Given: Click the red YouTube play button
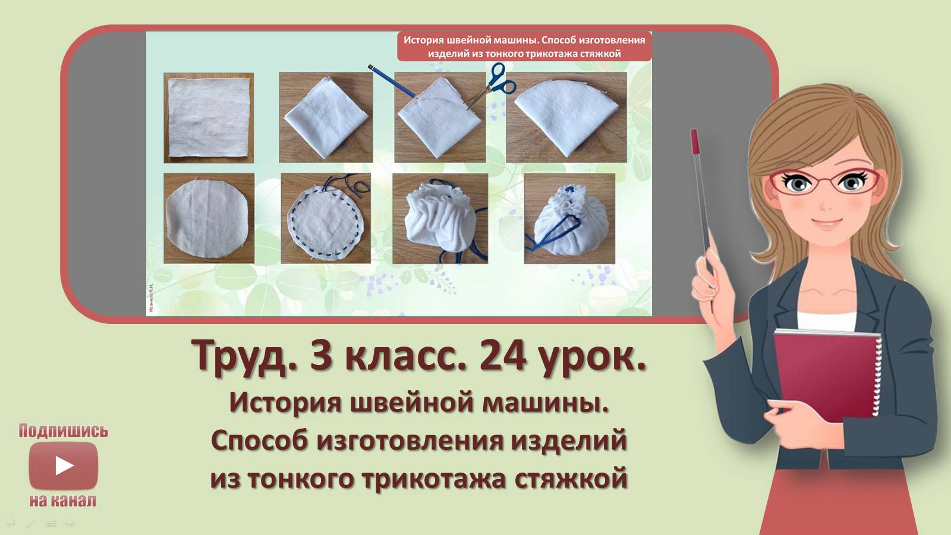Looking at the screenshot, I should pyautogui.click(x=63, y=465).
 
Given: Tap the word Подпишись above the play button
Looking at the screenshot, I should pyautogui.click(x=63, y=430).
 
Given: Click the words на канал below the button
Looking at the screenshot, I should pyautogui.click(x=63, y=501).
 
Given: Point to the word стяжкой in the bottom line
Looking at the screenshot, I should pyautogui.click(x=571, y=479).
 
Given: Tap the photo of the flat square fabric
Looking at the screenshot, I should pyautogui.click(x=209, y=118).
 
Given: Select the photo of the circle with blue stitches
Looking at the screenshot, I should pyautogui.click(x=326, y=218).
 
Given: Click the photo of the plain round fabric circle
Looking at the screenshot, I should pyautogui.click(x=209, y=218).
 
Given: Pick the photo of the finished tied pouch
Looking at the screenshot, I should pyautogui.click(x=569, y=218).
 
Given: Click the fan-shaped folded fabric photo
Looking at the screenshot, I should pyautogui.click(x=566, y=117).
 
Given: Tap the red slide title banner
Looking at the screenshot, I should pyautogui.click(x=524, y=46).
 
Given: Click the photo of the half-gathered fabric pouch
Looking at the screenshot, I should pyautogui.click(x=440, y=218).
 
